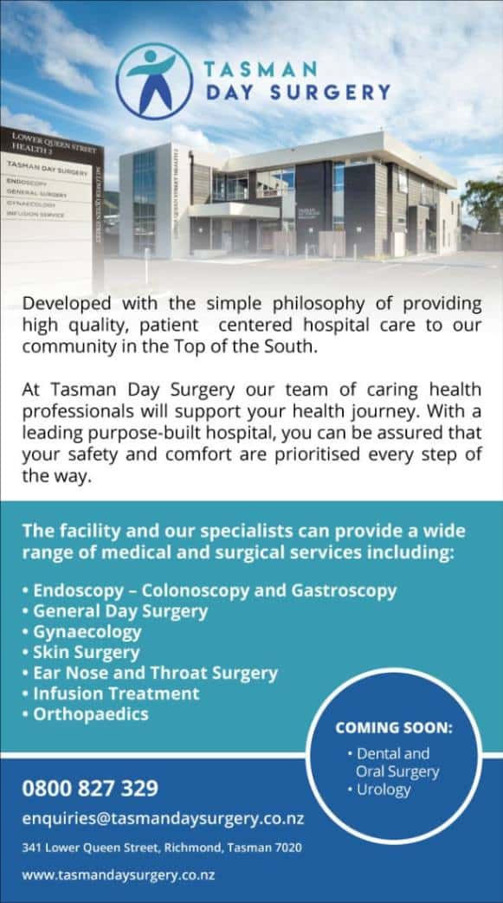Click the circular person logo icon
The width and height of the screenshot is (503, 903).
155,81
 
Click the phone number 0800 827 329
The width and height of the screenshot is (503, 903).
90,788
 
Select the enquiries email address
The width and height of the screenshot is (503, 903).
163,818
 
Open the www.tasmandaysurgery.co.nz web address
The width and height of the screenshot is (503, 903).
119,874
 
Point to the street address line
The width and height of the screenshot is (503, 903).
162,848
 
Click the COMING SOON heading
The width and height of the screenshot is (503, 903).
394,727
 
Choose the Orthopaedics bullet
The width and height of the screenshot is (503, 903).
90,714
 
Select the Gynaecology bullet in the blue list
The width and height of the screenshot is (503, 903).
87,631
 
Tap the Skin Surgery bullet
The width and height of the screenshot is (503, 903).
86,652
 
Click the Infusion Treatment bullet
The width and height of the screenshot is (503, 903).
115,693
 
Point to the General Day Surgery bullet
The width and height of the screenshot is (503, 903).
120,610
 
